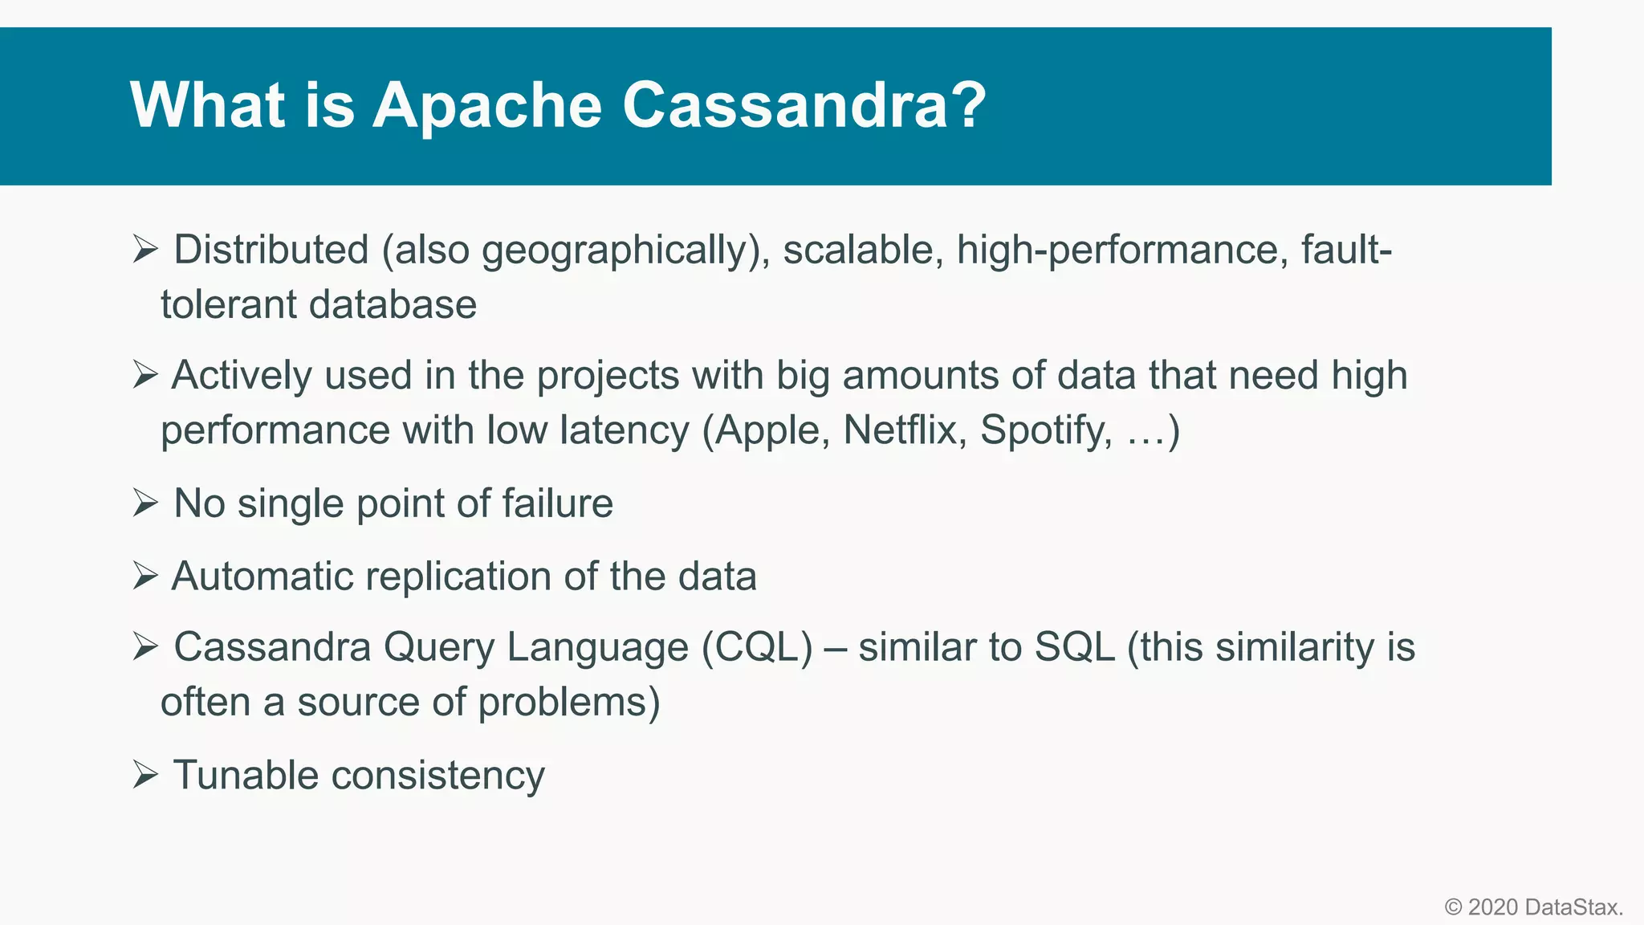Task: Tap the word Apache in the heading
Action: click(486, 105)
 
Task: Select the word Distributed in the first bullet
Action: click(271, 250)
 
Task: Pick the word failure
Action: click(557, 503)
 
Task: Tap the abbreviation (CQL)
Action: click(757, 647)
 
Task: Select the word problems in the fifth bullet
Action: click(568, 702)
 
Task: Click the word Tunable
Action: click(246, 776)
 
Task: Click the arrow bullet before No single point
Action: click(145, 503)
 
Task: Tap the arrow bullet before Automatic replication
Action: click(145, 577)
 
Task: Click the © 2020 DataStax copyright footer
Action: click(1533, 907)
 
